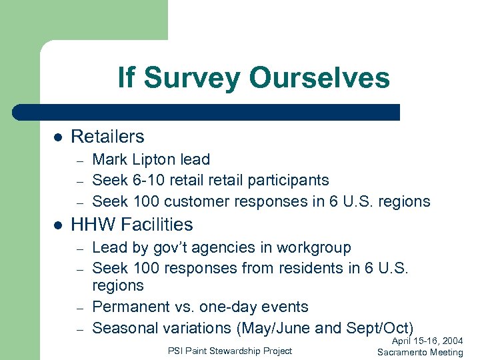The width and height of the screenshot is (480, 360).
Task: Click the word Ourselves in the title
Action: [x=319, y=78]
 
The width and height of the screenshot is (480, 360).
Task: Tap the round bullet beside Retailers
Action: [x=58, y=137]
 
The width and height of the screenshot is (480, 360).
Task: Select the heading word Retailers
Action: [x=107, y=137]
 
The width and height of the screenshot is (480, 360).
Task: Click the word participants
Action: [x=291, y=180]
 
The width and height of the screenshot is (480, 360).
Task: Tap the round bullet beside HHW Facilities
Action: [x=58, y=225]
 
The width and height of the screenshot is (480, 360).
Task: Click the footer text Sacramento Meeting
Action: [x=420, y=352]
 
